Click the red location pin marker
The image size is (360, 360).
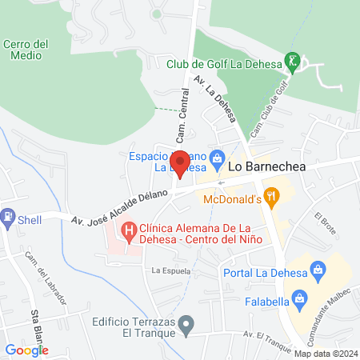180,162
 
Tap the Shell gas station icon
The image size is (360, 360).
8,216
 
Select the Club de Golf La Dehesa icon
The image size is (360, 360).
294,62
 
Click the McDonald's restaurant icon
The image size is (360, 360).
272,194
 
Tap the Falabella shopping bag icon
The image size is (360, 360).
300,300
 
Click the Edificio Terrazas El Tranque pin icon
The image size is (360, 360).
186,326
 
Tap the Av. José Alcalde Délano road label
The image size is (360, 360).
120,207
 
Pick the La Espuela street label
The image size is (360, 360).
170,271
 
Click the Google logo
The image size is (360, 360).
26,350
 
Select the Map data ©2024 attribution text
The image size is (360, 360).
324,354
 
